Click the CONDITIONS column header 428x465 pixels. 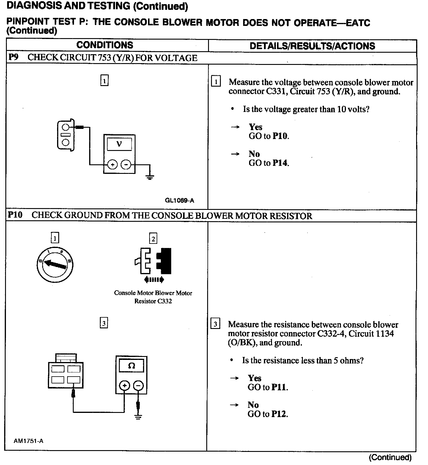click(x=105, y=45)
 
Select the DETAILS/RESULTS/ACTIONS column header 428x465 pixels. click(x=312, y=46)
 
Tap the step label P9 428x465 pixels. click(x=13, y=57)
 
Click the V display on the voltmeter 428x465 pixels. click(x=119, y=144)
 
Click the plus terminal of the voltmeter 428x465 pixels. click(x=112, y=164)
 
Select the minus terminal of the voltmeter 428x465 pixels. click(x=126, y=164)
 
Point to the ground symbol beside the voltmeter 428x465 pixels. click(x=150, y=177)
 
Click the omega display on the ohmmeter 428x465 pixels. click(x=131, y=366)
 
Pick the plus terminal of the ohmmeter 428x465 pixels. click(x=124, y=386)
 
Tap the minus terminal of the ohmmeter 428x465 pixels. click(x=138, y=386)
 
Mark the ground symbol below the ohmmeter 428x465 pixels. click(x=138, y=416)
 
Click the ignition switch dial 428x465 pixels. click(x=55, y=264)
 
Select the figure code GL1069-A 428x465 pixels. click(x=179, y=200)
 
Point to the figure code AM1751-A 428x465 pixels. click(x=29, y=441)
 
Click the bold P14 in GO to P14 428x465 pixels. click(x=280, y=163)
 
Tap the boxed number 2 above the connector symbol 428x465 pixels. click(x=153, y=238)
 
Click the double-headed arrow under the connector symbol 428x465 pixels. click(x=154, y=280)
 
